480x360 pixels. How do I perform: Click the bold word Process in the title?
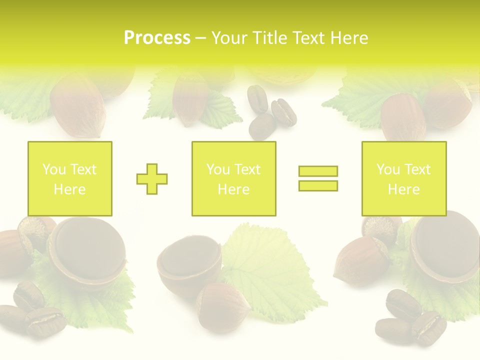pyautogui.click(x=157, y=38)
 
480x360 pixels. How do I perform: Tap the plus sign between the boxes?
pyautogui.click(x=152, y=178)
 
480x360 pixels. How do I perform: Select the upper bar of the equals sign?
pyautogui.click(x=318, y=171)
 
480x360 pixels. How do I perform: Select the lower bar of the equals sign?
pyautogui.click(x=318, y=185)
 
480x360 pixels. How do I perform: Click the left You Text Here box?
pyautogui.click(x=69, y=178)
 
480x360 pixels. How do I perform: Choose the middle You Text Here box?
pyautogui.click(x=233, y=178)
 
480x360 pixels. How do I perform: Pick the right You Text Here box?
pyautogui.click(x=403, y=178)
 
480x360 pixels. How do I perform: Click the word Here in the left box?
pyautogui.click(x=69, y=189)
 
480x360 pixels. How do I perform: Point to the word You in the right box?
pyautogui.click(x=388, y=169)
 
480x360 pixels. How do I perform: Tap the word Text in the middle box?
pyautogui.click(x=247, y=169)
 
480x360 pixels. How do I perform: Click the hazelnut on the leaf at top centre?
pyautogui.click(x=190, y=100)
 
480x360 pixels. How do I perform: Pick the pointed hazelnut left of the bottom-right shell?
pyautogui.click(x=361, y=260)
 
